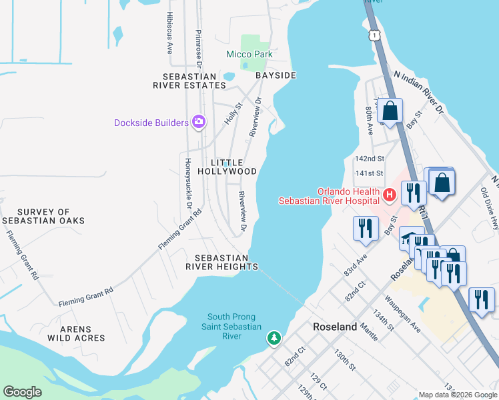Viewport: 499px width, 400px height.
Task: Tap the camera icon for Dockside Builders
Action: pos(198,121)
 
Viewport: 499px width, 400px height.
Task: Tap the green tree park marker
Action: pos(274,339)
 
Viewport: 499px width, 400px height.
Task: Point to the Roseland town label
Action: pos(336,327)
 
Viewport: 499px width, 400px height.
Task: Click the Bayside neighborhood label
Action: pos(276,75)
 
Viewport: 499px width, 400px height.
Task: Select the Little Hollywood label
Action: pos(233,167)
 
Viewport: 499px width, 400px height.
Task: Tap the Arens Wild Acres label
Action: pos(76,333)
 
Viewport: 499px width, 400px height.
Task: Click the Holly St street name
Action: pos(232,113)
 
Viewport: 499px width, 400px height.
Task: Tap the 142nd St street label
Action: pos(370,159)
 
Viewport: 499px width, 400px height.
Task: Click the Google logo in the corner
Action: pos(22,392)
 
